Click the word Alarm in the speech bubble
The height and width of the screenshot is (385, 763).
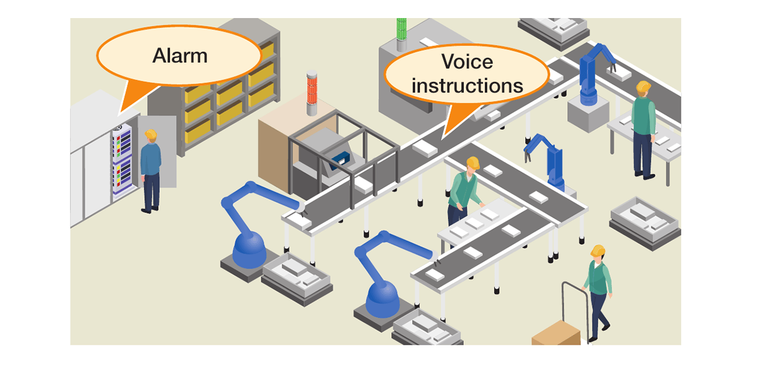click(x=180, y=55)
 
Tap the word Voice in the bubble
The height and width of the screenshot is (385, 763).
click(x=467, y=62)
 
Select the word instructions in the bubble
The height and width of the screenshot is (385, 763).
click(x=467, y=85)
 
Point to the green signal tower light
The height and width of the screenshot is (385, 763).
click(x=401, y=29)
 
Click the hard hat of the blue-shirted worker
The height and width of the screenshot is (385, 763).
click(x=151, y=134)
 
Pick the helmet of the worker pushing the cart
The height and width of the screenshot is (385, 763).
click(x=598, y=251)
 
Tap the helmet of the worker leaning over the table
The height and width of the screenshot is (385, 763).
click(x=473, y=162)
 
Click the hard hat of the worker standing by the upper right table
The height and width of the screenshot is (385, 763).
click(x=643, y=86)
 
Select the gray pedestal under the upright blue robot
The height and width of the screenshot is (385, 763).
click(x=588, y=114)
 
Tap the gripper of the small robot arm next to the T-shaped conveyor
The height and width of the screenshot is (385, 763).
click(x=527, y=156)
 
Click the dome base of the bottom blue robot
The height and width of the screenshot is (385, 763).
click(x=382, y=300)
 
